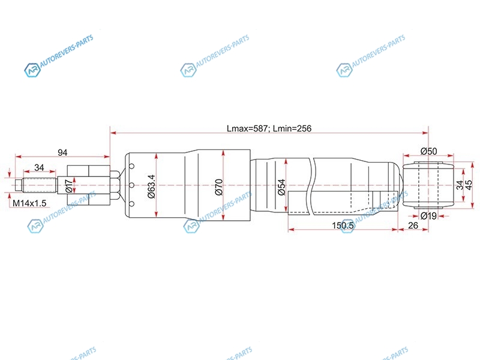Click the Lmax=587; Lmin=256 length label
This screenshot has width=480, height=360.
click(269, 128)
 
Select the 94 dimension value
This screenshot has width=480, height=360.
click(62, 152)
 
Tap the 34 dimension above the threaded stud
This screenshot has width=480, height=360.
click(39, 167)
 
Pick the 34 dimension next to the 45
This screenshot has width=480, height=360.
click(460, 185)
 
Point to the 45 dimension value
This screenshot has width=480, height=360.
click(469, 185)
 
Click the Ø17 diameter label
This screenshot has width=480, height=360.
click(69, 186)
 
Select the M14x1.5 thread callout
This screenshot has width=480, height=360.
click(29, 203)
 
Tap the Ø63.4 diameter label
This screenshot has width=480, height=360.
click(152, 187)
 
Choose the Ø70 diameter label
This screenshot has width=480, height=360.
click(219, 187)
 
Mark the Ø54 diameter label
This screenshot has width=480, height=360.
click(281, 187)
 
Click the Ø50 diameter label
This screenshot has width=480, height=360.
click(428, 151)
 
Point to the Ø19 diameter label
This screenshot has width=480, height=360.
click(428, 216)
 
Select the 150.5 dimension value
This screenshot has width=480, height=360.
click(343, 226)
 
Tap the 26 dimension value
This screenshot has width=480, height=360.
click(413, 226)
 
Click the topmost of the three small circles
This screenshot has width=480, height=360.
click(131, 167)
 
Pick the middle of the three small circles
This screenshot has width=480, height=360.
click(131, 185)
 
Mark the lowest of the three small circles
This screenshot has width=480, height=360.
click(131, 204)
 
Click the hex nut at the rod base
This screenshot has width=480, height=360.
click(115, 185)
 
